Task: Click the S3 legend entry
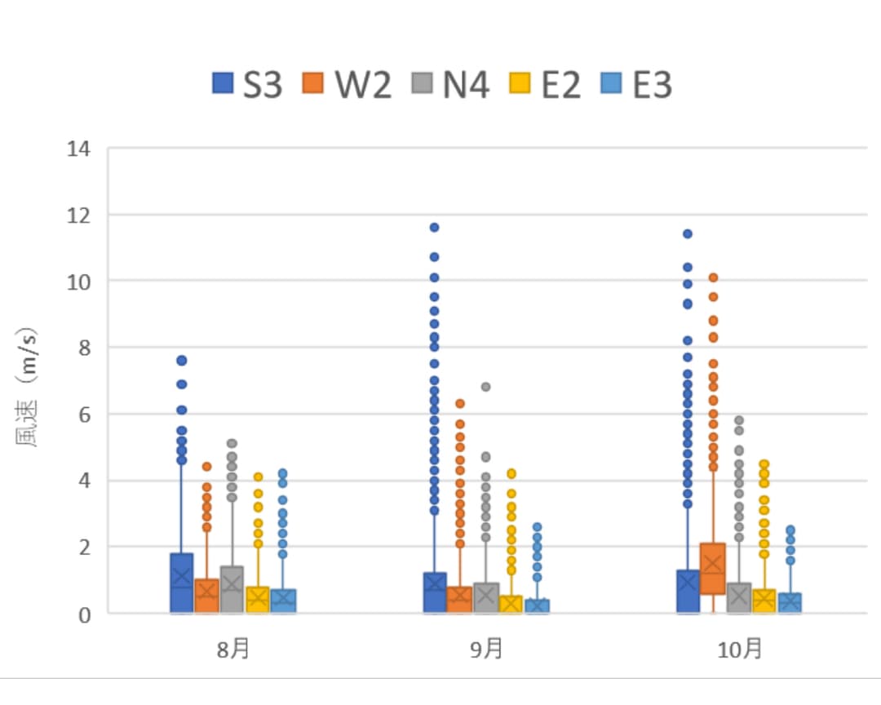[x=247, y=84]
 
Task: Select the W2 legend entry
[x=348, y=84]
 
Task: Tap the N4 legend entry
[x=450, y=84]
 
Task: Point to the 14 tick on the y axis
[x=81, y=149]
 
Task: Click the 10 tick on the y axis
[x=81, y=282]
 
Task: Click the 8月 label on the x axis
[x=233, y=650]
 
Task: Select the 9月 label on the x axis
[x=486, y=650]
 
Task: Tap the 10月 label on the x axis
[x=739, y=650]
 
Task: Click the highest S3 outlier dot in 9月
[x=434, y=228]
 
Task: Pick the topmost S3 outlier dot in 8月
[x=182, y=360]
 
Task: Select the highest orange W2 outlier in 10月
[x=713, y=277]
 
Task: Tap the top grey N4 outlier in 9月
[x=485, y=387]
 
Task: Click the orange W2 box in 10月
[x=712, y=569]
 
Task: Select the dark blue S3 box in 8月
[x=182, y=583]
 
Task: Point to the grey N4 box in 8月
[x=232, y=589]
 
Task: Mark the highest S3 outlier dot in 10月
[x=688, y=234]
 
